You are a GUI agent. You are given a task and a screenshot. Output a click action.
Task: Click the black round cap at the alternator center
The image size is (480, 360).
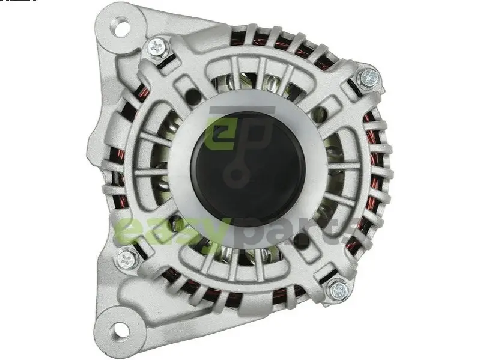[248, 167]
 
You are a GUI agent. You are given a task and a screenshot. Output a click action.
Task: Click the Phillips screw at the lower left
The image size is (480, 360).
[127, 260]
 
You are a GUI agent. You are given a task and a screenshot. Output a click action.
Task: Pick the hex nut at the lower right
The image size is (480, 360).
[339, 289]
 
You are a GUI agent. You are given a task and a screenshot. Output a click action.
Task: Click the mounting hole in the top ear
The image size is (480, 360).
[122, 24]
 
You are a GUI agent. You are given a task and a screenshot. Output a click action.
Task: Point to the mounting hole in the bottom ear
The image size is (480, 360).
[120, 331]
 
